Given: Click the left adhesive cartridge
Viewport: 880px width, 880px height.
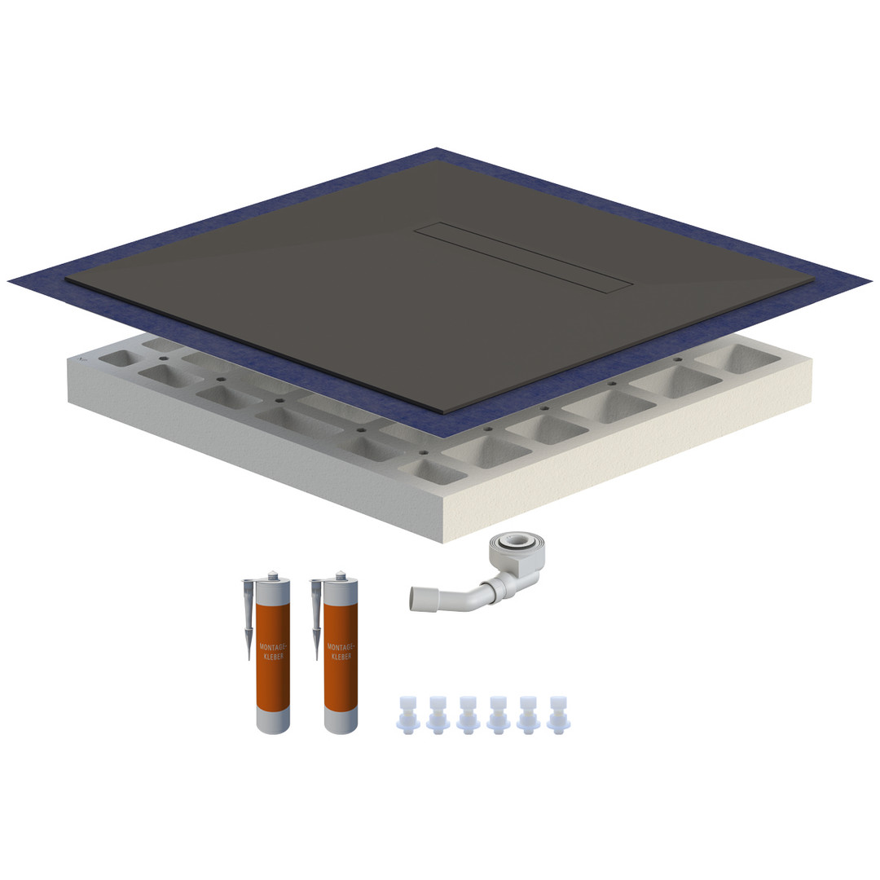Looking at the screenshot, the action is pos(273,657).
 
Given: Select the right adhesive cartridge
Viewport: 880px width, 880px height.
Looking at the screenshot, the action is pos(341,657).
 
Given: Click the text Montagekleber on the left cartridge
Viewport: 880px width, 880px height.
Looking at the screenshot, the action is pos(273,652).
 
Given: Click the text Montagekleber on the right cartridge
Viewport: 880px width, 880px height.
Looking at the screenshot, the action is pos(341,652).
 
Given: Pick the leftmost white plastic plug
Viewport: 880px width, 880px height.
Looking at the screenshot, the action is pos(407,715).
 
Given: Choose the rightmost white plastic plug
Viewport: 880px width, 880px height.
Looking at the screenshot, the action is pos(558,715).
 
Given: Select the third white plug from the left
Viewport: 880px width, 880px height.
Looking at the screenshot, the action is pos(468,715).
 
